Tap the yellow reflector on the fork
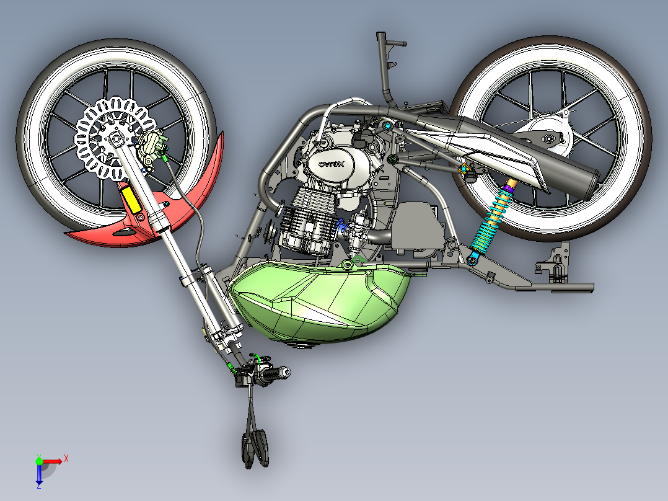point(132,200)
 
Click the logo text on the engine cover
point(333,164)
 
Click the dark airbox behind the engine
point(418,226)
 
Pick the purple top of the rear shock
point(509,185)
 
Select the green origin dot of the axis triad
point(39,461)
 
